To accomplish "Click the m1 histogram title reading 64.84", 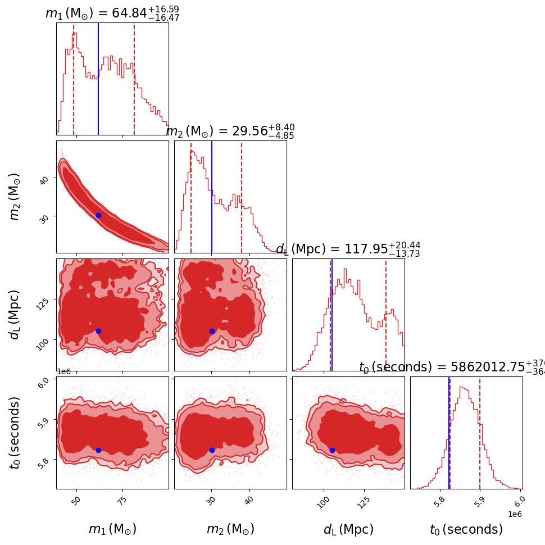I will pos(112,13).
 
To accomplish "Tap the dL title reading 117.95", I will pos(348,249).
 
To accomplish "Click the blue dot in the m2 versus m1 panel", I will pos(98,215).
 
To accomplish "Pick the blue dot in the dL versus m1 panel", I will pos(98,331).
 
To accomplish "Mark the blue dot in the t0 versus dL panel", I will pos(332,450).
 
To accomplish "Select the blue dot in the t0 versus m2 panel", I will pos(212,450).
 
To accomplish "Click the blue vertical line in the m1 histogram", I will pos(98,79).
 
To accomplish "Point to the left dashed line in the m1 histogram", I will pos(74,79).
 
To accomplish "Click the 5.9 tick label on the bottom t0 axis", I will pos(479,502).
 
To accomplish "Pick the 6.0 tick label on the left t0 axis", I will pos(48,380).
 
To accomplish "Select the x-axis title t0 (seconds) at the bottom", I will pos(466,529).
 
